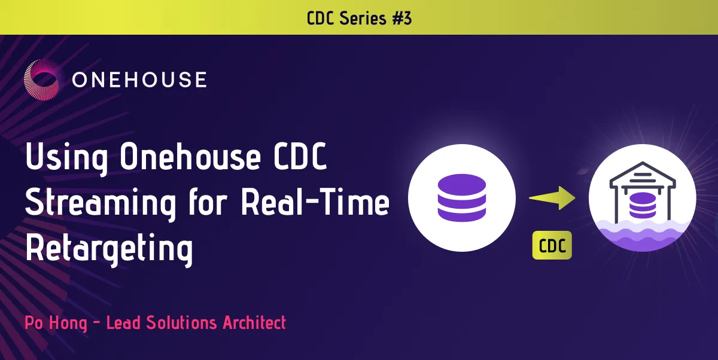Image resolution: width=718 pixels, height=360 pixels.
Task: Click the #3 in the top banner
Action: click(402, 18)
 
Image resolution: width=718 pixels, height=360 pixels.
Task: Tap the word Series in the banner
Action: click(363, 18)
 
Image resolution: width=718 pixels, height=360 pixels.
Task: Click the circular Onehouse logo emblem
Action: click(44, 80)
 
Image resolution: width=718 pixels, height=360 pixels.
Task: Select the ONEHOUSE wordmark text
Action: click(139, 80)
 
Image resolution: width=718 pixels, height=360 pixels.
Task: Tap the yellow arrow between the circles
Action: click(552, 198)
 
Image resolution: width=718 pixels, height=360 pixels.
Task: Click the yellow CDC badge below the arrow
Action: click(552, 245)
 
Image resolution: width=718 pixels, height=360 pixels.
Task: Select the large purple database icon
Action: click(462, 197)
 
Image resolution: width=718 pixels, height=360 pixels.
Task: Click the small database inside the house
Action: click(643, 205)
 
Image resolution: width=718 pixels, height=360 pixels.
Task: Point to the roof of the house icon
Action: click(643, 175)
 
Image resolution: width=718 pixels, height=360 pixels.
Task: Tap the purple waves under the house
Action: click(643, 236)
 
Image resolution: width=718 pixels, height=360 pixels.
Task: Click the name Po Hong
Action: click(56, 323)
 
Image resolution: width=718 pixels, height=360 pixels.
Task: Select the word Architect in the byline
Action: click(254, 322)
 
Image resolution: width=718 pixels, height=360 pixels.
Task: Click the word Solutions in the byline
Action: click(181, 322)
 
